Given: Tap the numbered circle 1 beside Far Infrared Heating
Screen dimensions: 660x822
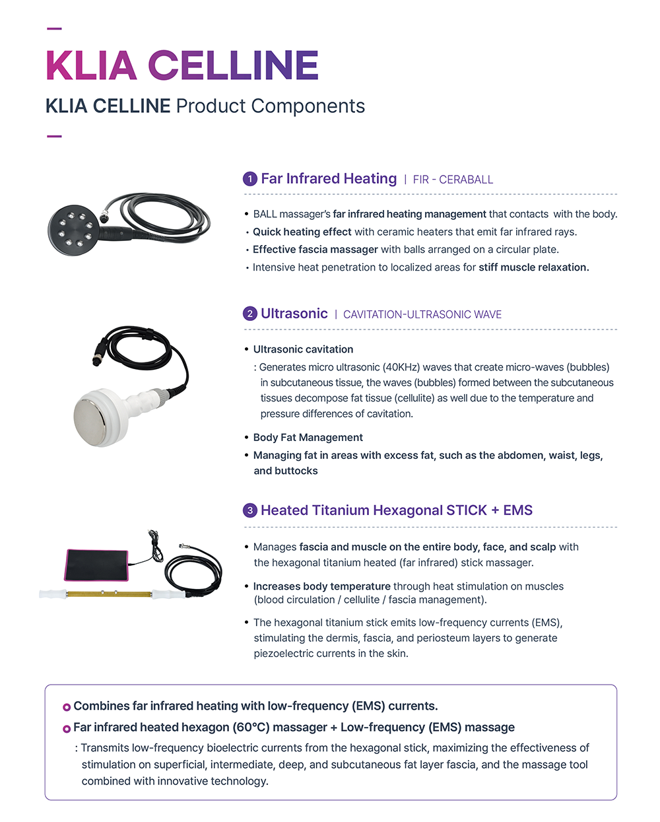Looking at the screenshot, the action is (x=249, y=179).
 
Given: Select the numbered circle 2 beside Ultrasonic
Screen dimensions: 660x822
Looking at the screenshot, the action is (x=249, y=314).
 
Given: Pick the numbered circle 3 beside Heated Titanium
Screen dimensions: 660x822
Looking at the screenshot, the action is (x=249, y=510).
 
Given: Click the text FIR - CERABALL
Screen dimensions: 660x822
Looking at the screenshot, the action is (x=453, y=180).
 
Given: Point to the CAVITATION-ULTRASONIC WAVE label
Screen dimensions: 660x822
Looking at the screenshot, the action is (x=422, y=314).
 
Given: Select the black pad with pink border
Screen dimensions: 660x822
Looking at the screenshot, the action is (x=96, y=565).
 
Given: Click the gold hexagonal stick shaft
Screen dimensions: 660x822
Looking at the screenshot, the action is (x=110, y=594).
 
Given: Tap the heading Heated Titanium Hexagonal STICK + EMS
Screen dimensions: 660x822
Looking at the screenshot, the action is (x=397, y=510).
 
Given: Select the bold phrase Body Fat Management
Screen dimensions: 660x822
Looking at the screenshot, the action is (x=308, y=437).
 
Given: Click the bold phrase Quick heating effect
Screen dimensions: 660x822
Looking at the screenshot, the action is (x=302, y=232).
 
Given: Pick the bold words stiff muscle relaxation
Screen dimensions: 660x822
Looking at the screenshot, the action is (x=534, y=267).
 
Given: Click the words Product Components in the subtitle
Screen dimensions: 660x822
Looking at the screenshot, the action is (x=271, y=106).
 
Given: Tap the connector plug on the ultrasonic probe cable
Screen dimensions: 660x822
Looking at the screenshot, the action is (x=98, y=357).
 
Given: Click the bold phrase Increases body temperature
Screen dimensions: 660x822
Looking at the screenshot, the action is (x=322, y=586).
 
